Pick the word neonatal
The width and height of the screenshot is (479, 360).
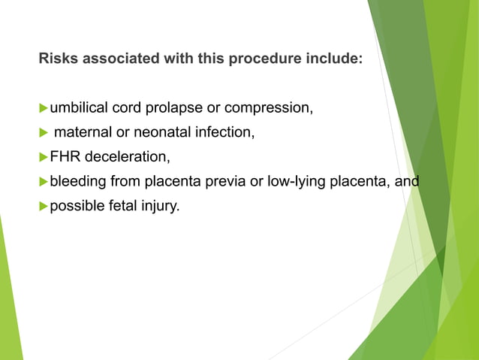pos(158,133)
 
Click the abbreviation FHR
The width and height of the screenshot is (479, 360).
pos(65,157)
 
